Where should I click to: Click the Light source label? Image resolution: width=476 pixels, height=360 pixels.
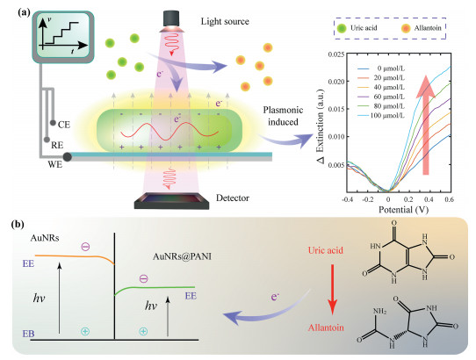(225, 22)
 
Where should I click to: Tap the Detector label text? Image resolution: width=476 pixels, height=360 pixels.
(233, 198)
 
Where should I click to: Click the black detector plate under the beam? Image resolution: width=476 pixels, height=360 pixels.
(172, 201)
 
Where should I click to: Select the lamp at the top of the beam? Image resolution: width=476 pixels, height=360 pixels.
(171, 21)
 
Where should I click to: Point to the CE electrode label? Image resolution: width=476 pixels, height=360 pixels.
(64, 125)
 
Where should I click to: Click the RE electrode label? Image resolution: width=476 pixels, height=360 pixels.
(57, 145)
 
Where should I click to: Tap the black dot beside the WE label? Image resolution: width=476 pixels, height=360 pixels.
(67, 157)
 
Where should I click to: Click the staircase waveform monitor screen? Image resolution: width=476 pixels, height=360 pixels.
(63, 36)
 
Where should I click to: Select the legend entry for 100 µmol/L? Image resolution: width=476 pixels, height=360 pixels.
(381, 116)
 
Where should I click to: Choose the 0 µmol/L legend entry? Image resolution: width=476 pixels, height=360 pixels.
(381, 68)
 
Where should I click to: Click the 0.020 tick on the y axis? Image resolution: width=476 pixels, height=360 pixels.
(336, 82)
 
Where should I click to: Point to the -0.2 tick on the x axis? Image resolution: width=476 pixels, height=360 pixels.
(367, 199)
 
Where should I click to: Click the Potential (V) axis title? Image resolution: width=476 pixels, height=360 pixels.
(404, 210)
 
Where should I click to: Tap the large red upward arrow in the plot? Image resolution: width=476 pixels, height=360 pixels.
(426, 125)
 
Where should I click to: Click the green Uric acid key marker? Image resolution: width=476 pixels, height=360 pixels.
(342, 28)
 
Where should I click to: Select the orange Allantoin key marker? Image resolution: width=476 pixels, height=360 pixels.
(406, 28)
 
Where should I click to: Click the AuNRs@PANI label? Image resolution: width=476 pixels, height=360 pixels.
(182, 256)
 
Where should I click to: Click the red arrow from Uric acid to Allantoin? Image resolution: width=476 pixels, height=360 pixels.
(333, 290)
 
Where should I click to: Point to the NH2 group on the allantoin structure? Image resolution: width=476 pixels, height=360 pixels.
(379, 312)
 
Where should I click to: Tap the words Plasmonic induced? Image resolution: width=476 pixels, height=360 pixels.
(283, 116)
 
